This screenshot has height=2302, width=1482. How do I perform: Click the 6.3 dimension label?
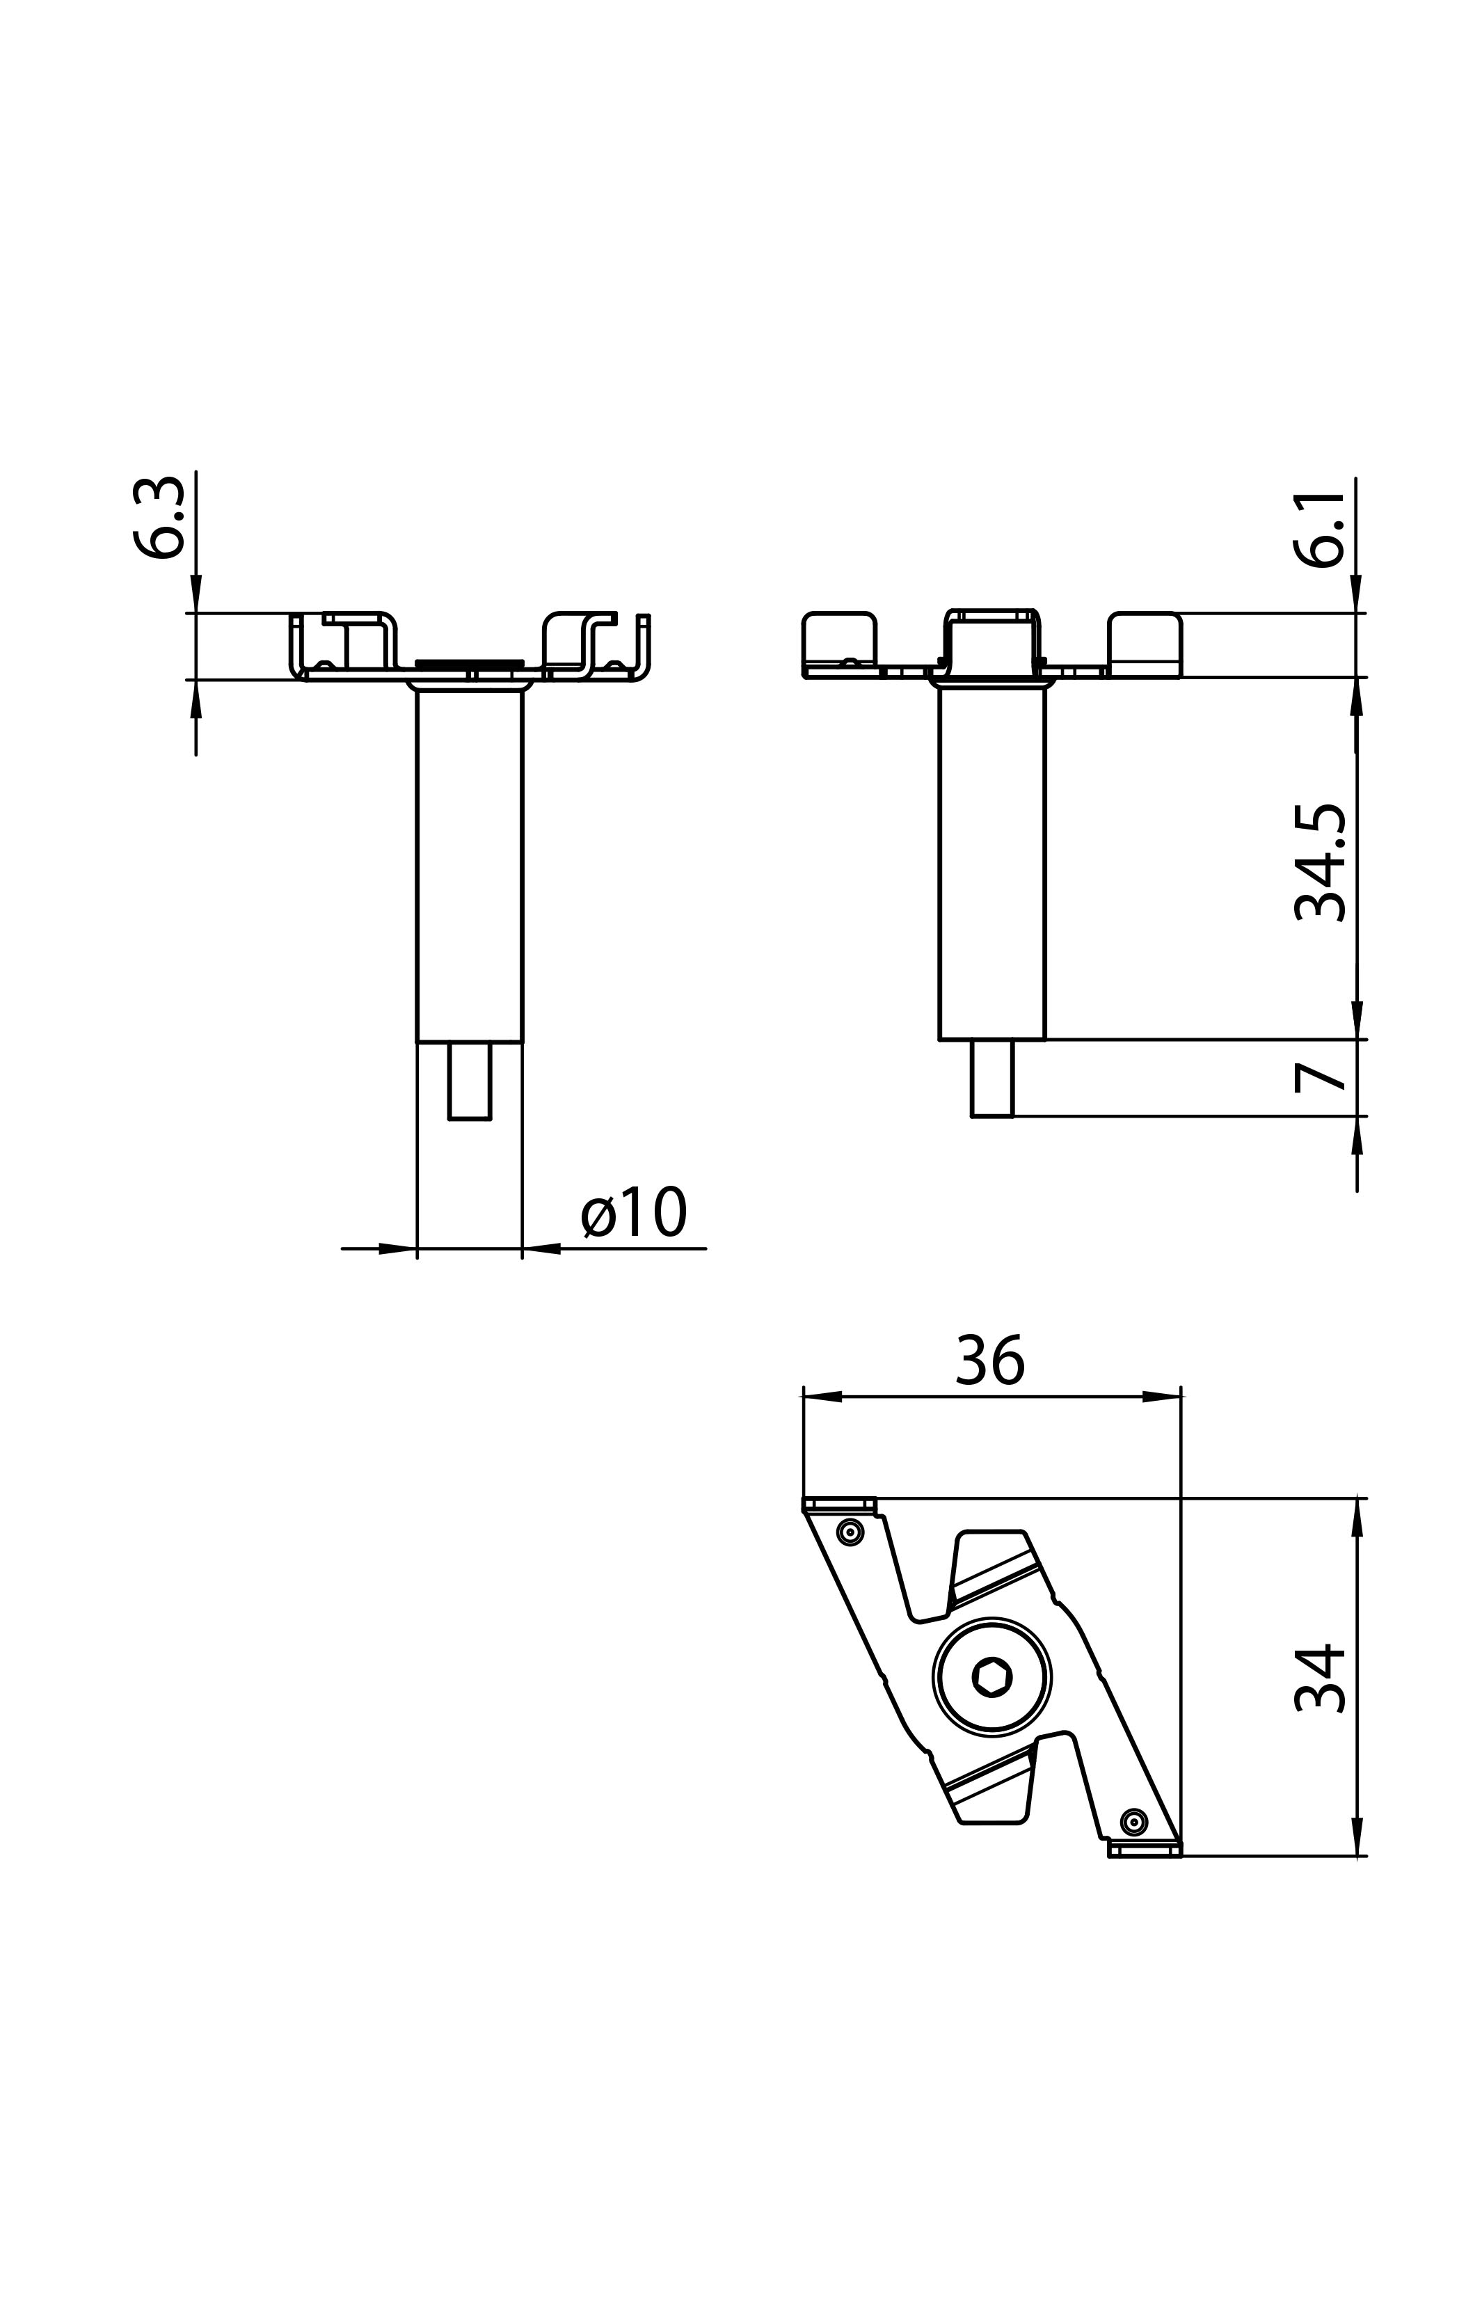(159, 518)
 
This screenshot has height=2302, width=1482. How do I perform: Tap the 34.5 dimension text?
(1319, 862)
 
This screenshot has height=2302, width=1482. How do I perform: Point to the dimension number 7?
(1319, 1077)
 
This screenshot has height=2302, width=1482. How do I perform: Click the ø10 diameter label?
(634, 1212)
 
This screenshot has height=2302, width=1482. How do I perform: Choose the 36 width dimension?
(990, 1360)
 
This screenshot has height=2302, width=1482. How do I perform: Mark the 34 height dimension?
(1319, 1677)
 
